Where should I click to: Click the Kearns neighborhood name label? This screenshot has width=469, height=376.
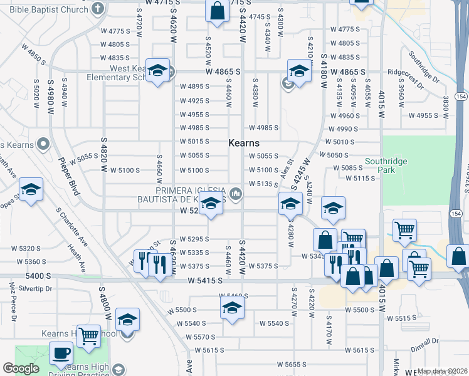coord(244,144)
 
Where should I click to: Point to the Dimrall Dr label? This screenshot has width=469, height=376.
coord(425,345)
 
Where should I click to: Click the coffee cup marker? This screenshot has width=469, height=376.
coord(61,354)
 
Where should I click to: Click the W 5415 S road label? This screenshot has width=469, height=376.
coord(206,281)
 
